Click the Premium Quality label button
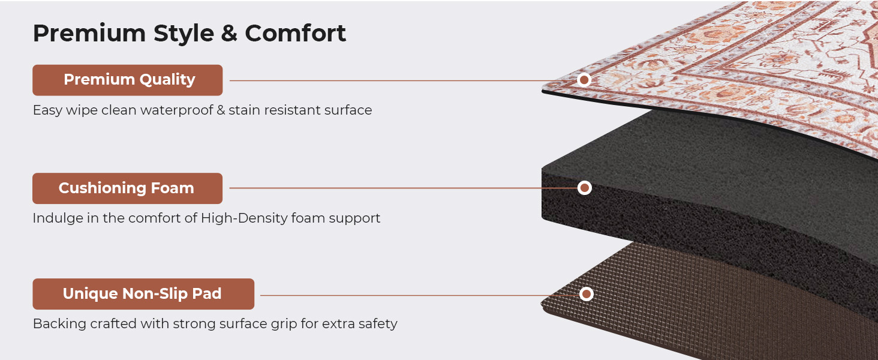click(x=127, y=80)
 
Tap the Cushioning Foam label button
click(x=127, y=188)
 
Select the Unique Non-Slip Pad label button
click(x=143, y=294)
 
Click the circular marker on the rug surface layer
click(x=584, y=80)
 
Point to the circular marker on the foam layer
click(x=584, y=188)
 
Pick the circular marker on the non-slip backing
click(x=586, y=294)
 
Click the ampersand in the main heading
click(x=229, y=33)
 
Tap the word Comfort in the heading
click(x=296, y=33)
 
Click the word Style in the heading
click(x=184, y=34)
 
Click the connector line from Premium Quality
click(x=403, y=81)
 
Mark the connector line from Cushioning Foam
click(x=403, y=188)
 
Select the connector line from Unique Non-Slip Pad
click(x=419, y=295)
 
